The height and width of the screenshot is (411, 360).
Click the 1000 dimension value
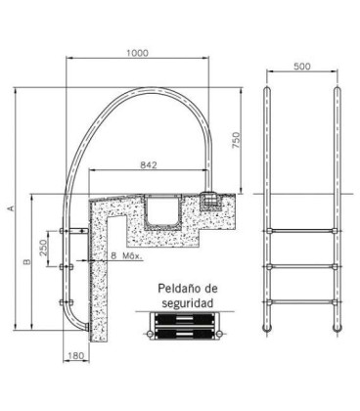point(137,53)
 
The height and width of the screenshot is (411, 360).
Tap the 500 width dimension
point(302,67)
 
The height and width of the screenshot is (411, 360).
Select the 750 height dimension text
point(236,140)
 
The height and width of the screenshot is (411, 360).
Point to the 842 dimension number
point(149,165)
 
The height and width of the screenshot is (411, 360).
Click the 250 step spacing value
point(43,249)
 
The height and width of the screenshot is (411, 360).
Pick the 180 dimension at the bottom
point(75,355)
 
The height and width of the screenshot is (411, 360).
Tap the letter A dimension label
point(11,207)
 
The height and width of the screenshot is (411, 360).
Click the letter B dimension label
point(27,261)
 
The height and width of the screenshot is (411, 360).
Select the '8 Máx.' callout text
point(126,255)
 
